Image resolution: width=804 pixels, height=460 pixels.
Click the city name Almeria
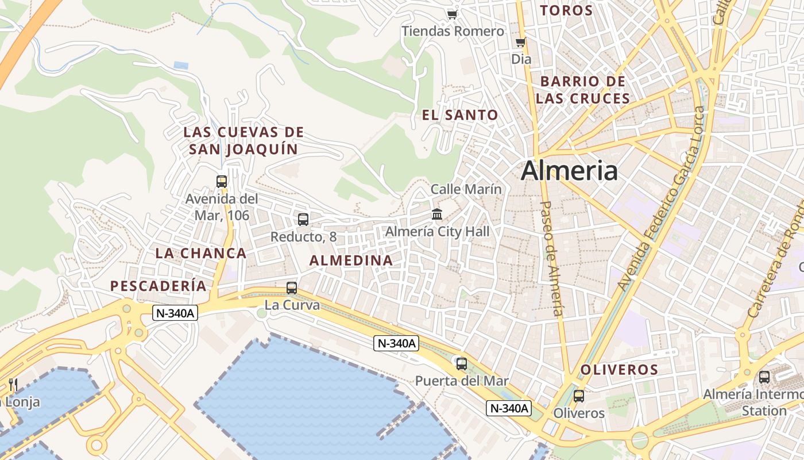pyautogui.click(x=569, y=171)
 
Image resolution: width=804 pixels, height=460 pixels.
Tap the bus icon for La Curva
pyautogui.click(x=292, y=287)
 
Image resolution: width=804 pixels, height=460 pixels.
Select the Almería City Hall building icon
pyautogui.click(x=437, y=214)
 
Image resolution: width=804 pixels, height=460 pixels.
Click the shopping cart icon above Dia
pyautogui.click(x=520, y=42)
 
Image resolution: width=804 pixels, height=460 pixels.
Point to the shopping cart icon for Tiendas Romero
pyautogui.click(x=453, y=14)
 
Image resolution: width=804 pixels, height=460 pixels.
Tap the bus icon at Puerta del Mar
pyautogui.click(x=461, y=363)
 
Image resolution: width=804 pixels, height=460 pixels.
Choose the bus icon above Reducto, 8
pyautogui.click(x=303, y=219)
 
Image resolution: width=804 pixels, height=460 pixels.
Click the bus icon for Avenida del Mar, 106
pyautogui.click(x=222, y=182)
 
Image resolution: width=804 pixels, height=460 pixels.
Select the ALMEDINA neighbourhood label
pyautogui.click(x=351, y=260)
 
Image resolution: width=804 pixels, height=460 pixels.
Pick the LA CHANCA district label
pyautogui.click(x=200, y=253)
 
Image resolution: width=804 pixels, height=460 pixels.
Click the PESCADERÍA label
pyautogui.click(x=158, y=286)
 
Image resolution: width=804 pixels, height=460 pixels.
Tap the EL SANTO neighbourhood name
pyautogui.click(x=460, y=115)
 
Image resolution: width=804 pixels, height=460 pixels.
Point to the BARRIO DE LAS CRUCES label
pyautogui.click(x=583, y=90)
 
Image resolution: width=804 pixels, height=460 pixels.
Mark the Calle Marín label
pyautogui.click(x=466, y=189)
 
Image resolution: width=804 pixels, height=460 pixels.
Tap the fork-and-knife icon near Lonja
pyautogui.click(x=13, y=385)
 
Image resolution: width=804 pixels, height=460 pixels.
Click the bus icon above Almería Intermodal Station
pyautogui.click(x=764, y=377)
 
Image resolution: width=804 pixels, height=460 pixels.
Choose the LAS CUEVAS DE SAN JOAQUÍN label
pyautogui.click(x=243, y=141)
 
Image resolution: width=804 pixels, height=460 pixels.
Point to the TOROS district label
pyautogui.click(x=566, y=10)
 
